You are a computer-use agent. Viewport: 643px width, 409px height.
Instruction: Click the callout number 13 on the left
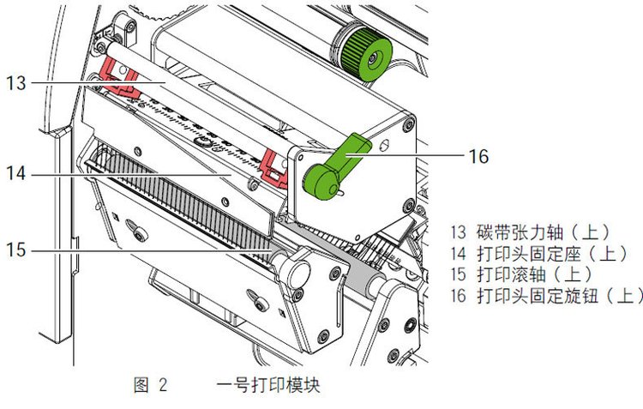15,83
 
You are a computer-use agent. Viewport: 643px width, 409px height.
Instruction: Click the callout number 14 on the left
15,173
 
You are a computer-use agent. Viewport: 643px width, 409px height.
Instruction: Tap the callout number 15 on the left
15,250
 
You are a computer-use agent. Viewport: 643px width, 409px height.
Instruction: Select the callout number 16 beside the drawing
478,156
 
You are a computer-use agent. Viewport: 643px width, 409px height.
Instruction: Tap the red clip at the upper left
119,77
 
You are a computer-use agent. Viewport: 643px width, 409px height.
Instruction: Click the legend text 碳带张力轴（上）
544,232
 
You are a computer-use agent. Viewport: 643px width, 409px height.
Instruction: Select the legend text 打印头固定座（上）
552,254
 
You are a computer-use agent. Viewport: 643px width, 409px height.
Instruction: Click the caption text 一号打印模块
267,385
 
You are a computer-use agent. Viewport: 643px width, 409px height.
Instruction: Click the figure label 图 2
151,385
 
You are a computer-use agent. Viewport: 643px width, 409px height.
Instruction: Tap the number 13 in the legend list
459,232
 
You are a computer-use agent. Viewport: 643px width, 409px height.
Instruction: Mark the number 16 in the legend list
459,295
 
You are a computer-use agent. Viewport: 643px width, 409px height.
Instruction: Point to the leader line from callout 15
152,250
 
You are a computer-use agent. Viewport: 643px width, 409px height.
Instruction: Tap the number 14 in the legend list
459,254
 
